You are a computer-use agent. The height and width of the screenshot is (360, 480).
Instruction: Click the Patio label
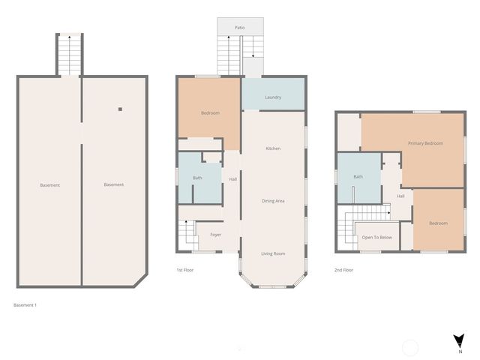click(x=239, y=27)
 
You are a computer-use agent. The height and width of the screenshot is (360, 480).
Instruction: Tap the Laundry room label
click(x=273, y=97)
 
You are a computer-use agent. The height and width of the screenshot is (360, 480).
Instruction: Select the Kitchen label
click(x=273, y=148)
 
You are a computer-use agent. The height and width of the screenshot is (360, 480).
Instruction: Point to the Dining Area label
click(x=273, y=200)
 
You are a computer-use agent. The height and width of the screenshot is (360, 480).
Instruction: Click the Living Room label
click(x=273, y=253)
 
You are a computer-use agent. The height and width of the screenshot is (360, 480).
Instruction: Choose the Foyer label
click(x=216, y=235)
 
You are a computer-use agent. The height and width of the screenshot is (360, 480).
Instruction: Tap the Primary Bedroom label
click(x=425, y=143)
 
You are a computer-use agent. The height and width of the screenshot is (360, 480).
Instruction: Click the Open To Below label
click(x=377, y=237)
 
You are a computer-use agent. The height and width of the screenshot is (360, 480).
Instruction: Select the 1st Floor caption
click(x=185, y=269)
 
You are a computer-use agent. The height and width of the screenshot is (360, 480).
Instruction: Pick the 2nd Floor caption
click(x=344, y=269)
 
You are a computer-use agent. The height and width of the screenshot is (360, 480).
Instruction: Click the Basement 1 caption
click(x=25, y=305)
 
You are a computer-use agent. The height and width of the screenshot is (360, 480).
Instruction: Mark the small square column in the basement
click(x=119, y=109)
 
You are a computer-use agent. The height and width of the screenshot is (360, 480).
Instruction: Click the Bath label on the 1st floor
click(x=197, y=178)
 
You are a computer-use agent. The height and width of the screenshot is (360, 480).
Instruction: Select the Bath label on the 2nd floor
click(x=358, y=177)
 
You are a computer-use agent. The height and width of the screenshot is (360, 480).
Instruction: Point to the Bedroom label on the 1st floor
click(x=210, y=113)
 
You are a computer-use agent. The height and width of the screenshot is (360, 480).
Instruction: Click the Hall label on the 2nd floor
click(x=401, y=196)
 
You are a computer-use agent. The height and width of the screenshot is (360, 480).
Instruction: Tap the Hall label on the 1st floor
click(x=232, y=178)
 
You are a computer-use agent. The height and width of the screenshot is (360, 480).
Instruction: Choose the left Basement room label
click(x=50, y=185)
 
